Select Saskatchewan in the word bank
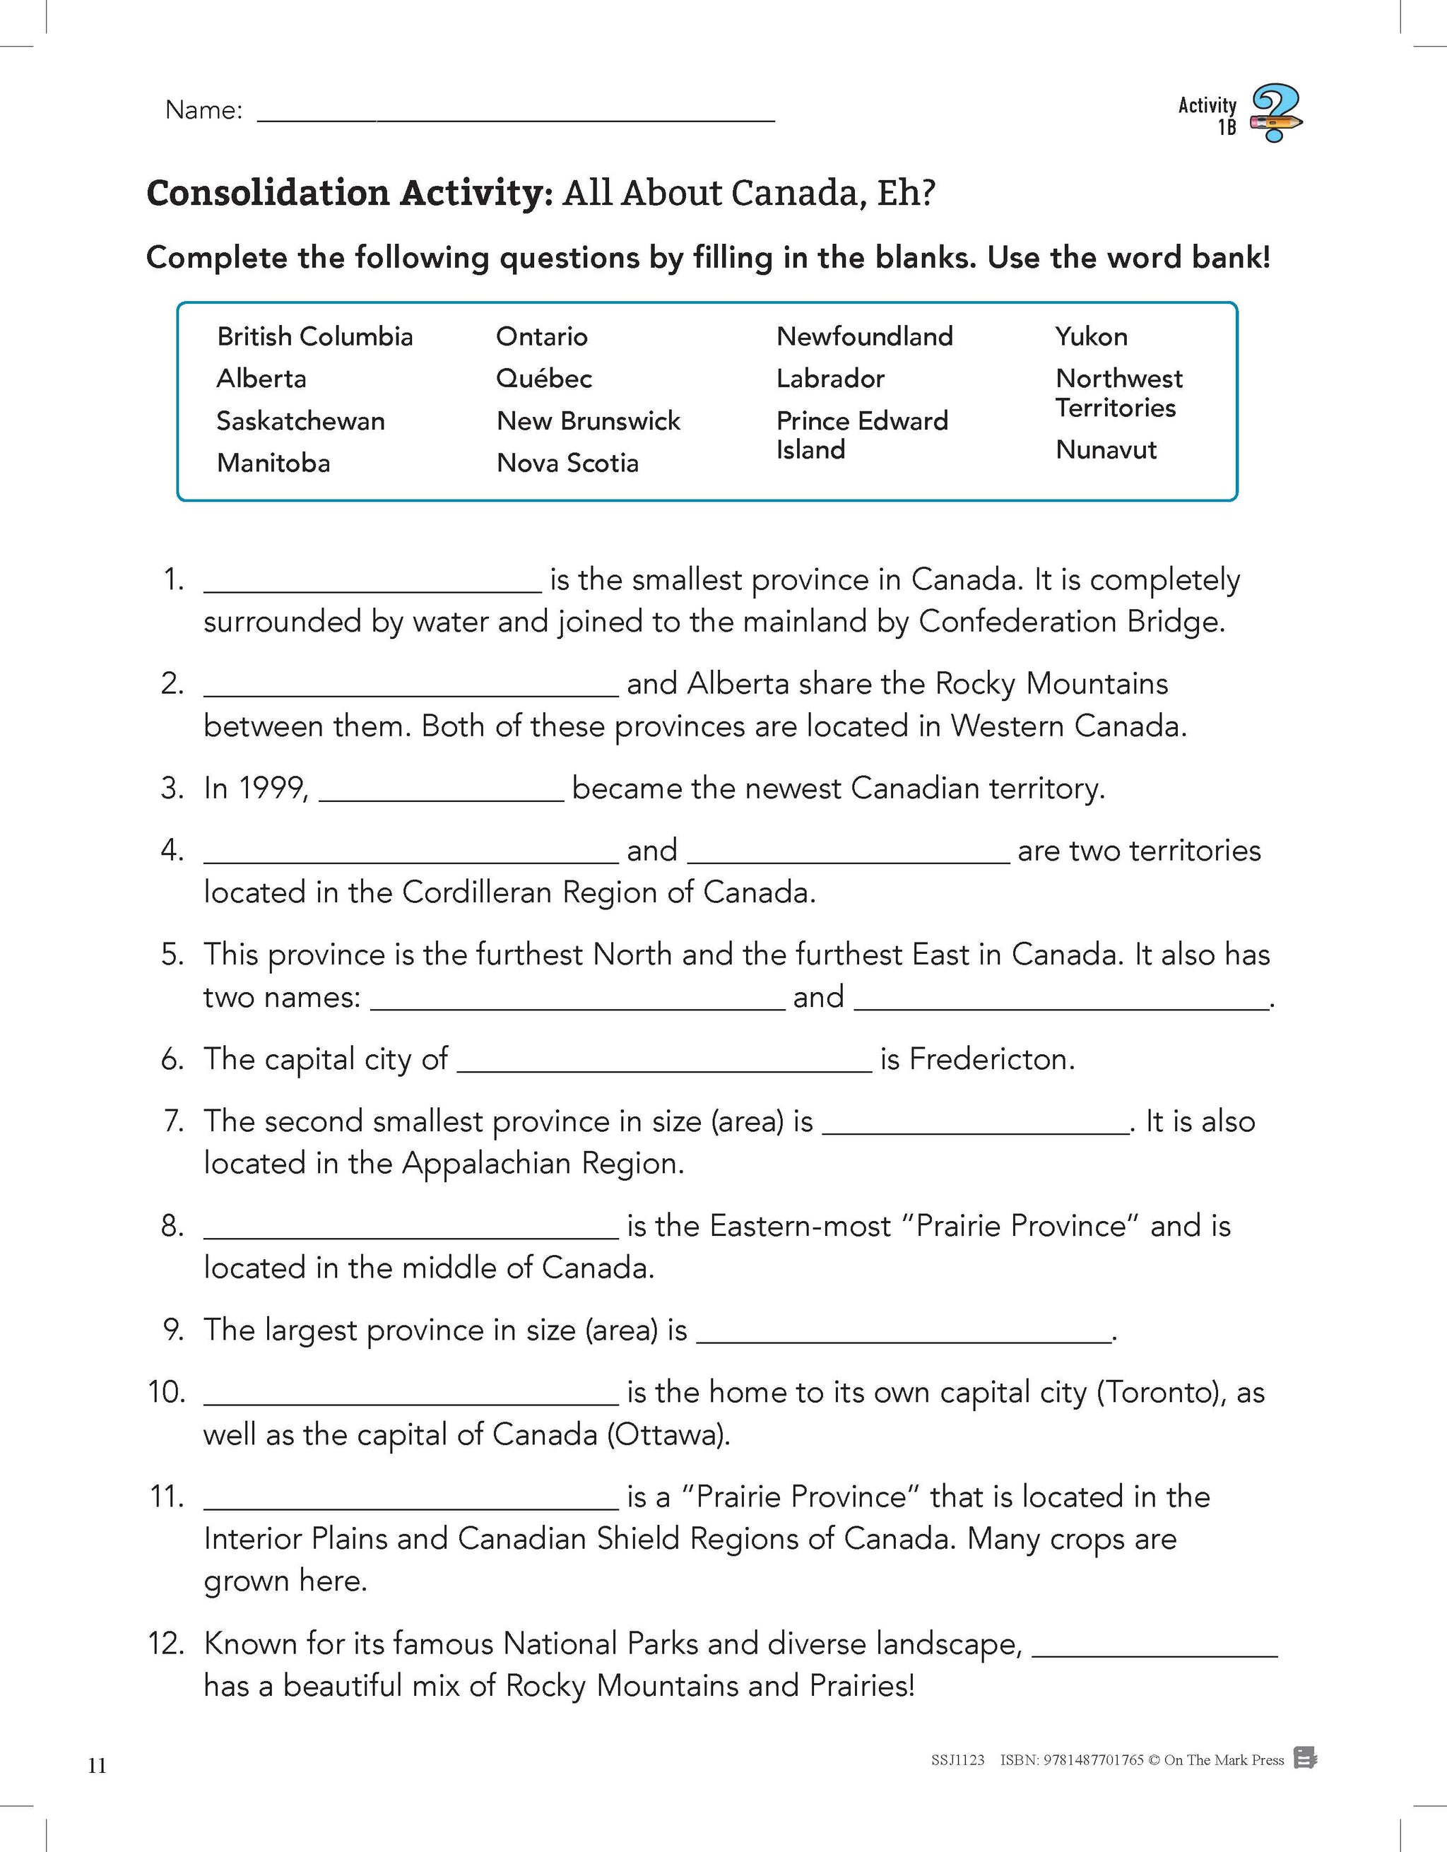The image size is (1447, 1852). [300, 420]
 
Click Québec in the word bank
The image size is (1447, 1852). [543, 378]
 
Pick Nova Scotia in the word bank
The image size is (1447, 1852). [567, 463]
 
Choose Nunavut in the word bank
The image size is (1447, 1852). [1105, 449]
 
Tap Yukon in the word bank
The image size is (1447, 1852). [1091, 336]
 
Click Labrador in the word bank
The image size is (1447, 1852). [830, 378]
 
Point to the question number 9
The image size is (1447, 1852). [173, 1330]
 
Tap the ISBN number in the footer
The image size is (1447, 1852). [1072, 1759]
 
